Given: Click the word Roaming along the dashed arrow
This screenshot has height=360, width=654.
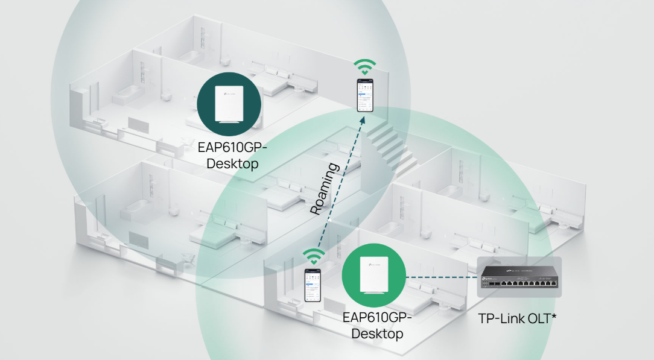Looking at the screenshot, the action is pyautogui.click(x=325, y=189).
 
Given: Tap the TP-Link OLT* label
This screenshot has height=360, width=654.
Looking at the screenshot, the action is pyautogui.click(x=517, y=318).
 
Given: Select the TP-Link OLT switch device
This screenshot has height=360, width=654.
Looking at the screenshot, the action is pyautogui.click(x=519, y=277).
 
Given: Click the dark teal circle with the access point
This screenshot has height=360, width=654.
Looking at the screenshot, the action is pyautogui.click(x=229, y=104).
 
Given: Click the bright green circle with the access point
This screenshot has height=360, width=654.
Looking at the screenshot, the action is pyautogui.click(x=373, y=276).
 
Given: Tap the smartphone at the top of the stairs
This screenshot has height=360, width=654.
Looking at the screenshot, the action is pyautogui.click(x=365, y=95).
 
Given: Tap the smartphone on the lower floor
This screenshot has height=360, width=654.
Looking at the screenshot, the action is pyautogui.click(x=313, y=285).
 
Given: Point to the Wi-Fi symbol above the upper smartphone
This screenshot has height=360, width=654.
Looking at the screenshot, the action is pyautogui.click(x=365, y=68).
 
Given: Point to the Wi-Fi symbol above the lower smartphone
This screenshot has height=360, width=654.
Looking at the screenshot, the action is pyautogui.click(x=314, y=257).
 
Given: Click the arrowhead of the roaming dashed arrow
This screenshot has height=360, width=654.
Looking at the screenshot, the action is pyautogui.click(x=362, y=120).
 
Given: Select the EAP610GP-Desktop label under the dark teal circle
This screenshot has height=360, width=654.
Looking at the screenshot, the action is pyautogui.click(x=232, y=156).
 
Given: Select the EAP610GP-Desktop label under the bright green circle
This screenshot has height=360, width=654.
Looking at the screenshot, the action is pyautogui.click(x=377, y=325).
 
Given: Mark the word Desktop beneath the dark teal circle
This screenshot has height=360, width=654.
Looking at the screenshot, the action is pyautogui.click(x=232, y=164).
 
